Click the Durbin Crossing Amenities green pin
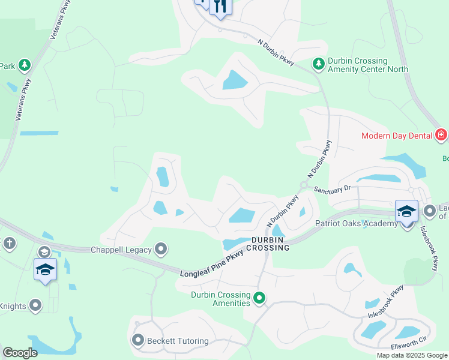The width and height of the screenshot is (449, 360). coord(259,297)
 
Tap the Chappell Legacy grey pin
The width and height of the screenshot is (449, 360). coord(161,248)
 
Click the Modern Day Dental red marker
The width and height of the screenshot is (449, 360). coord(441,135)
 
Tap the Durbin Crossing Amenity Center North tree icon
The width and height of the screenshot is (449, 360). coord(318,63)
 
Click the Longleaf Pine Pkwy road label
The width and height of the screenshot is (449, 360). coord(212,265)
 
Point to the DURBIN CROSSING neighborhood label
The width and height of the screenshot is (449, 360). coord(270,243)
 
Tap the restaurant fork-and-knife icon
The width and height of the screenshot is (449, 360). coord(220,7)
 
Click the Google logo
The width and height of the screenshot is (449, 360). coord(20,353)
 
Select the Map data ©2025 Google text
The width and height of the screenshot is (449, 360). coord(411,355)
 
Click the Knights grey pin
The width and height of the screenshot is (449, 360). coord(36,306)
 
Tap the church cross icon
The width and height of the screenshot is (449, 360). coord(9,243)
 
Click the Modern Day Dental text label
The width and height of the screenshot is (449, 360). coord(396,136)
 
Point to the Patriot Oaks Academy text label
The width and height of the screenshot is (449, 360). coord(357,224)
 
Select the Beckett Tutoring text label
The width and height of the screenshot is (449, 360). coord(178,341)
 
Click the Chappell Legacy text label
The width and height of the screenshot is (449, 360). coord(121,249)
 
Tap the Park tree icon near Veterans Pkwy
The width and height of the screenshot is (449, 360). coord(25,64)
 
